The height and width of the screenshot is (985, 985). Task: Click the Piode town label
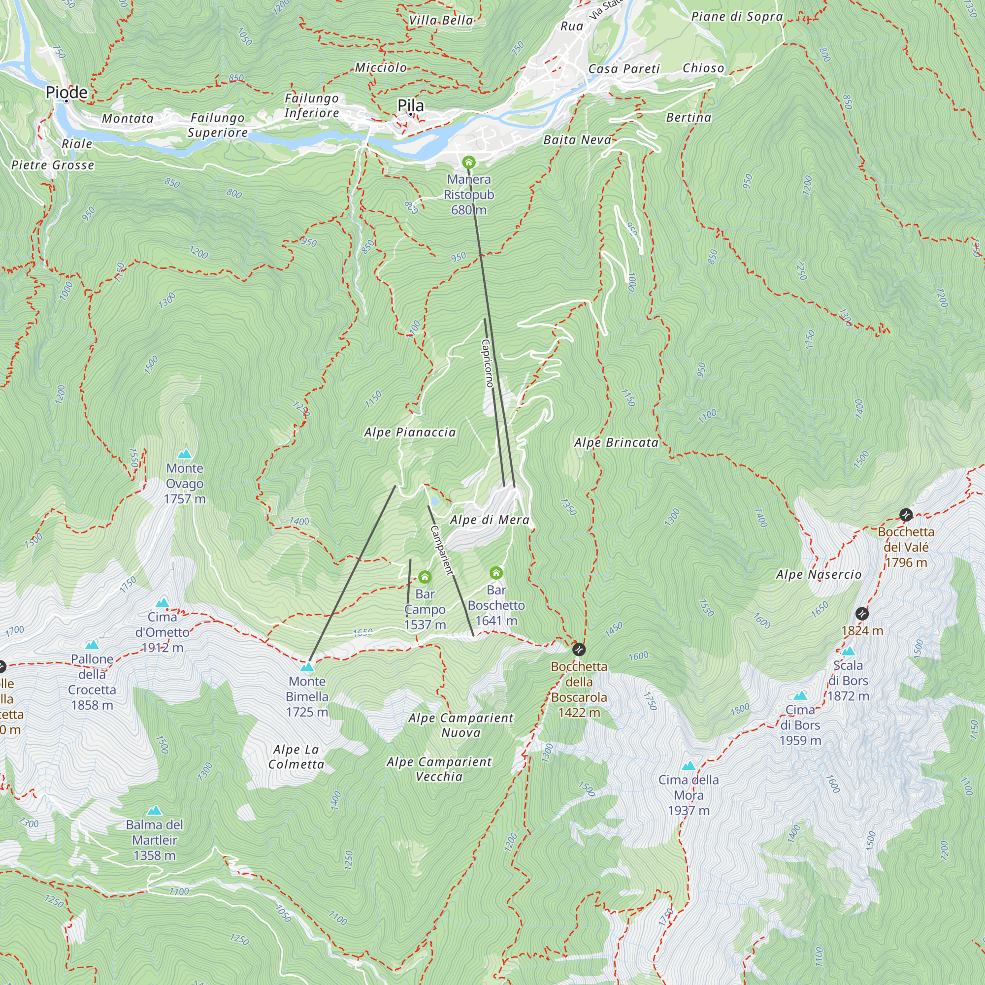[67, 92]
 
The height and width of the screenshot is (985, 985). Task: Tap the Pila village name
[410, 105]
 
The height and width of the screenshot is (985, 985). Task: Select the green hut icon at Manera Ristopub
[468, 163]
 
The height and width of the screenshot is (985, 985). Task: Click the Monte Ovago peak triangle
[185, 454]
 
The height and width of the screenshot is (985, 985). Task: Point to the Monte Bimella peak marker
[307, 667]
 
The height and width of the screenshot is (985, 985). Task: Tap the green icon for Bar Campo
[425, 577]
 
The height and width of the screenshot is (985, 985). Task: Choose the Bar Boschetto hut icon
[496, 573]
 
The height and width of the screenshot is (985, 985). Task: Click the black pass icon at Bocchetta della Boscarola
[579, 650]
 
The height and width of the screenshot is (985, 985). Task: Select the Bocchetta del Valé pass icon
[906, 515]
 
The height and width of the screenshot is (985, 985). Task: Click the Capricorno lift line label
[488, 363]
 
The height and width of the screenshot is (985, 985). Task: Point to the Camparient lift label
[441, 550]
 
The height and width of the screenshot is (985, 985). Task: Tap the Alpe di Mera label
[490, 520]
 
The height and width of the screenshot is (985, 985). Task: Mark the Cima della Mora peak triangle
[689, 765]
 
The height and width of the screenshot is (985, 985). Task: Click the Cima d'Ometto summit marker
[162, 603]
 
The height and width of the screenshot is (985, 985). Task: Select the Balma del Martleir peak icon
[154, 811]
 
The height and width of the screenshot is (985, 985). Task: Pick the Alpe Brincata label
[616, 442]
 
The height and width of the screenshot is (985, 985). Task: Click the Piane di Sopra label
[737, 16]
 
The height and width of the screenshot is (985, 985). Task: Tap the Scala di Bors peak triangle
[848, 651]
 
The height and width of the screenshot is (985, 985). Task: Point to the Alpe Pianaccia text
[410, 432]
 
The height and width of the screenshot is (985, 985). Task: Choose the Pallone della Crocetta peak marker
[92, 645]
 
